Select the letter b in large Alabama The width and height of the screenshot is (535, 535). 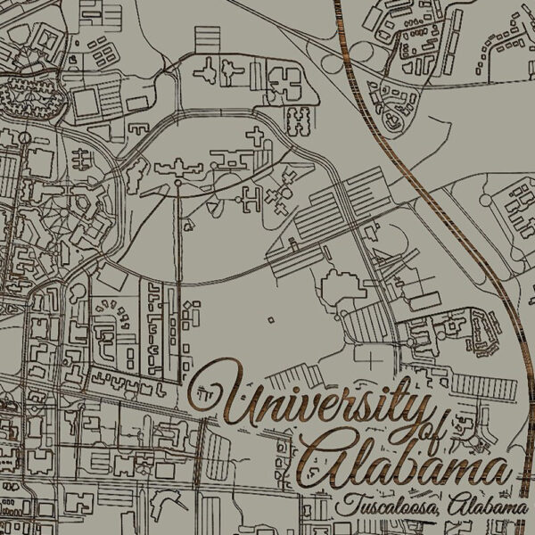click(x=402, y=462)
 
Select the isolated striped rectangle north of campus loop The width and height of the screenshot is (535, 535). click(x=207, y=38)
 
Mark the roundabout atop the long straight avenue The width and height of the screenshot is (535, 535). click(x=178, y=184)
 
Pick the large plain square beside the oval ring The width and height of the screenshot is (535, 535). click(x=86, y=103)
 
